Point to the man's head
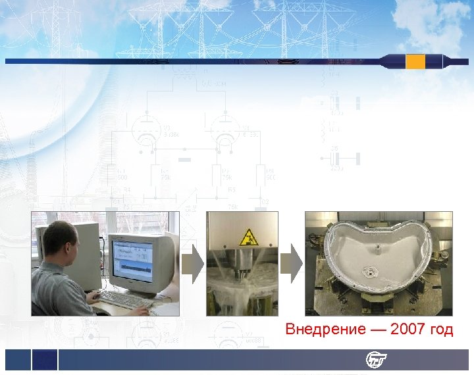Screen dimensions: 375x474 pos(61,239)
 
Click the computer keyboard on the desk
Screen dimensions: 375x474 pos(125,301)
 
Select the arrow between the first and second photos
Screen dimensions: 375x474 pos(192,264)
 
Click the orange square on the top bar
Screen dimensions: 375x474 pos(415,62)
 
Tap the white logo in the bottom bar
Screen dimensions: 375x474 pos(377,360)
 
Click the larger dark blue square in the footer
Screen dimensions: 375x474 pos(45,360)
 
